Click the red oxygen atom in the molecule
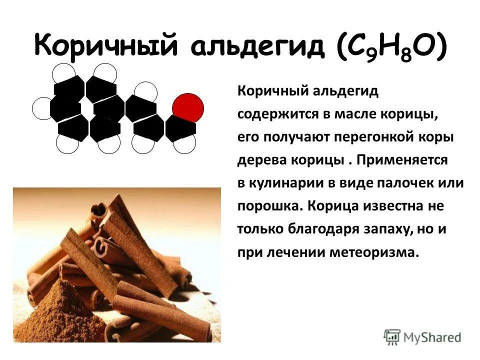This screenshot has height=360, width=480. pos(188,107)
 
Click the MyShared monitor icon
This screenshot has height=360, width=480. pos(392,336)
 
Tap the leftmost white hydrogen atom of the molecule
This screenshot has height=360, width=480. pos(43,108)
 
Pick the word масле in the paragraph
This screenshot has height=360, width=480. pos(355,114)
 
